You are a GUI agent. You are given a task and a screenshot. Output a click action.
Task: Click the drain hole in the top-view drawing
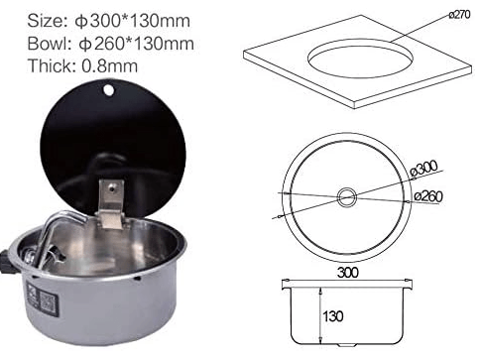tap(346, 196)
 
